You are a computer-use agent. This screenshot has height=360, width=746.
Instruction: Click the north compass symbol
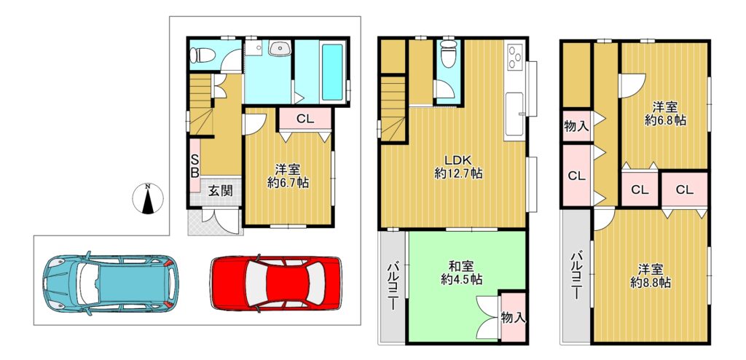click(148, 198)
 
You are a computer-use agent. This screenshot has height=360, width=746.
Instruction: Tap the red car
click(276, 283)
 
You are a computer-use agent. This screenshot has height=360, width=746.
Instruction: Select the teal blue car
click(111, 283)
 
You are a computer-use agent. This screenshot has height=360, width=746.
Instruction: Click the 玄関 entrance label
click(220, 191)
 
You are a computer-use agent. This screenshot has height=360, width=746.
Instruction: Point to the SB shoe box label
click(195, 165)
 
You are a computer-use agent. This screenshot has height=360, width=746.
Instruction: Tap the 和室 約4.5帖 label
click(460, 273)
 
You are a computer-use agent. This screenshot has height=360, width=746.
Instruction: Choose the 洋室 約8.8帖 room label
click(651, 275)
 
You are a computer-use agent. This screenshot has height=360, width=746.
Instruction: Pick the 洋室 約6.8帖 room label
click(664, 114)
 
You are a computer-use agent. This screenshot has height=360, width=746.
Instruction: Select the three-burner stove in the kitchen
click(515, 57)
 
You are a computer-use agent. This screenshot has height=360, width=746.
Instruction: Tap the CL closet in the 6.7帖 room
click(305, 119)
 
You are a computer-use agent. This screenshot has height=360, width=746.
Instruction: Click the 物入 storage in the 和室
click(514, 317)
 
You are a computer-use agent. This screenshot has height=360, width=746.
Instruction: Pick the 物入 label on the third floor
click(576, 126)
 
